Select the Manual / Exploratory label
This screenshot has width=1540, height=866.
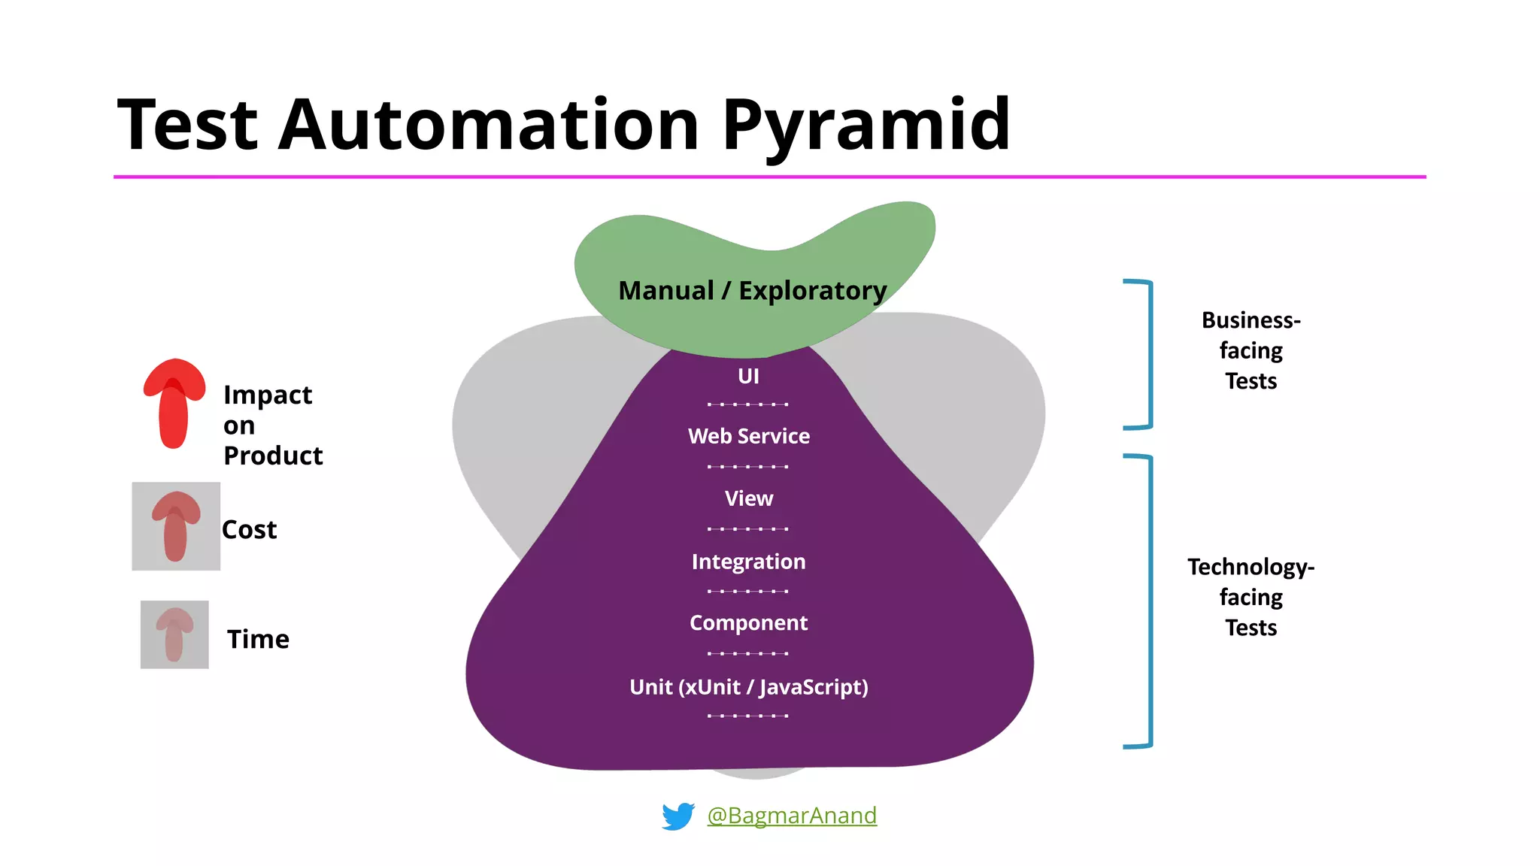pyautogui.click(x=752, y=290)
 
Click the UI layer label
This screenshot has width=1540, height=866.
pyautogui.click(x=748, y=376)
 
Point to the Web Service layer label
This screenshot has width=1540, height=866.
pyautogui.click(x=749, y=436)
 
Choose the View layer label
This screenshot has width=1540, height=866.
pyautogui.click(x=749, y=498)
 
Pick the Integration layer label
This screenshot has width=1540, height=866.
pyautogui.click(x=749, y=562)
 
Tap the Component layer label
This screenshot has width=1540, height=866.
pyautogui.click(x=749, y=623)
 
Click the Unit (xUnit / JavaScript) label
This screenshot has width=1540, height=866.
pyautogui.click(x=749, y=687)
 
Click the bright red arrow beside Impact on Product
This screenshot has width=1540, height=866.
pyautogui.click(x=174, y=404)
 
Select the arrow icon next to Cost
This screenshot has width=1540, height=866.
pyautogui.click(x=176, y=526)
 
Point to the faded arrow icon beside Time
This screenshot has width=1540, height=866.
pyautogui.click(x=174, y=634)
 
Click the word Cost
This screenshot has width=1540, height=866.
pyautogui.click(x=250, y=530)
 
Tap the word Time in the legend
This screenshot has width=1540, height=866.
pyautogui.click(x=258, y=639)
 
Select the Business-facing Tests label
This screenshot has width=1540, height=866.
pyautogui.click(x=1250, y=350)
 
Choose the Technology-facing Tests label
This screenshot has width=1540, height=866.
pyautogui.click(x=1250, y=597)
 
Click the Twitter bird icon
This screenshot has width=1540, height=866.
pyautogui.click(x=678, y=816)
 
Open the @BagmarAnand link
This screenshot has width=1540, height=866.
pyautogui.click(x=792, y=816)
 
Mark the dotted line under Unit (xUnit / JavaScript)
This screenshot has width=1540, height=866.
pyautogui.click(x=748, y=716)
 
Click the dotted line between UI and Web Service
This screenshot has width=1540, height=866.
pyautogui.click(x=748, y=404)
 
